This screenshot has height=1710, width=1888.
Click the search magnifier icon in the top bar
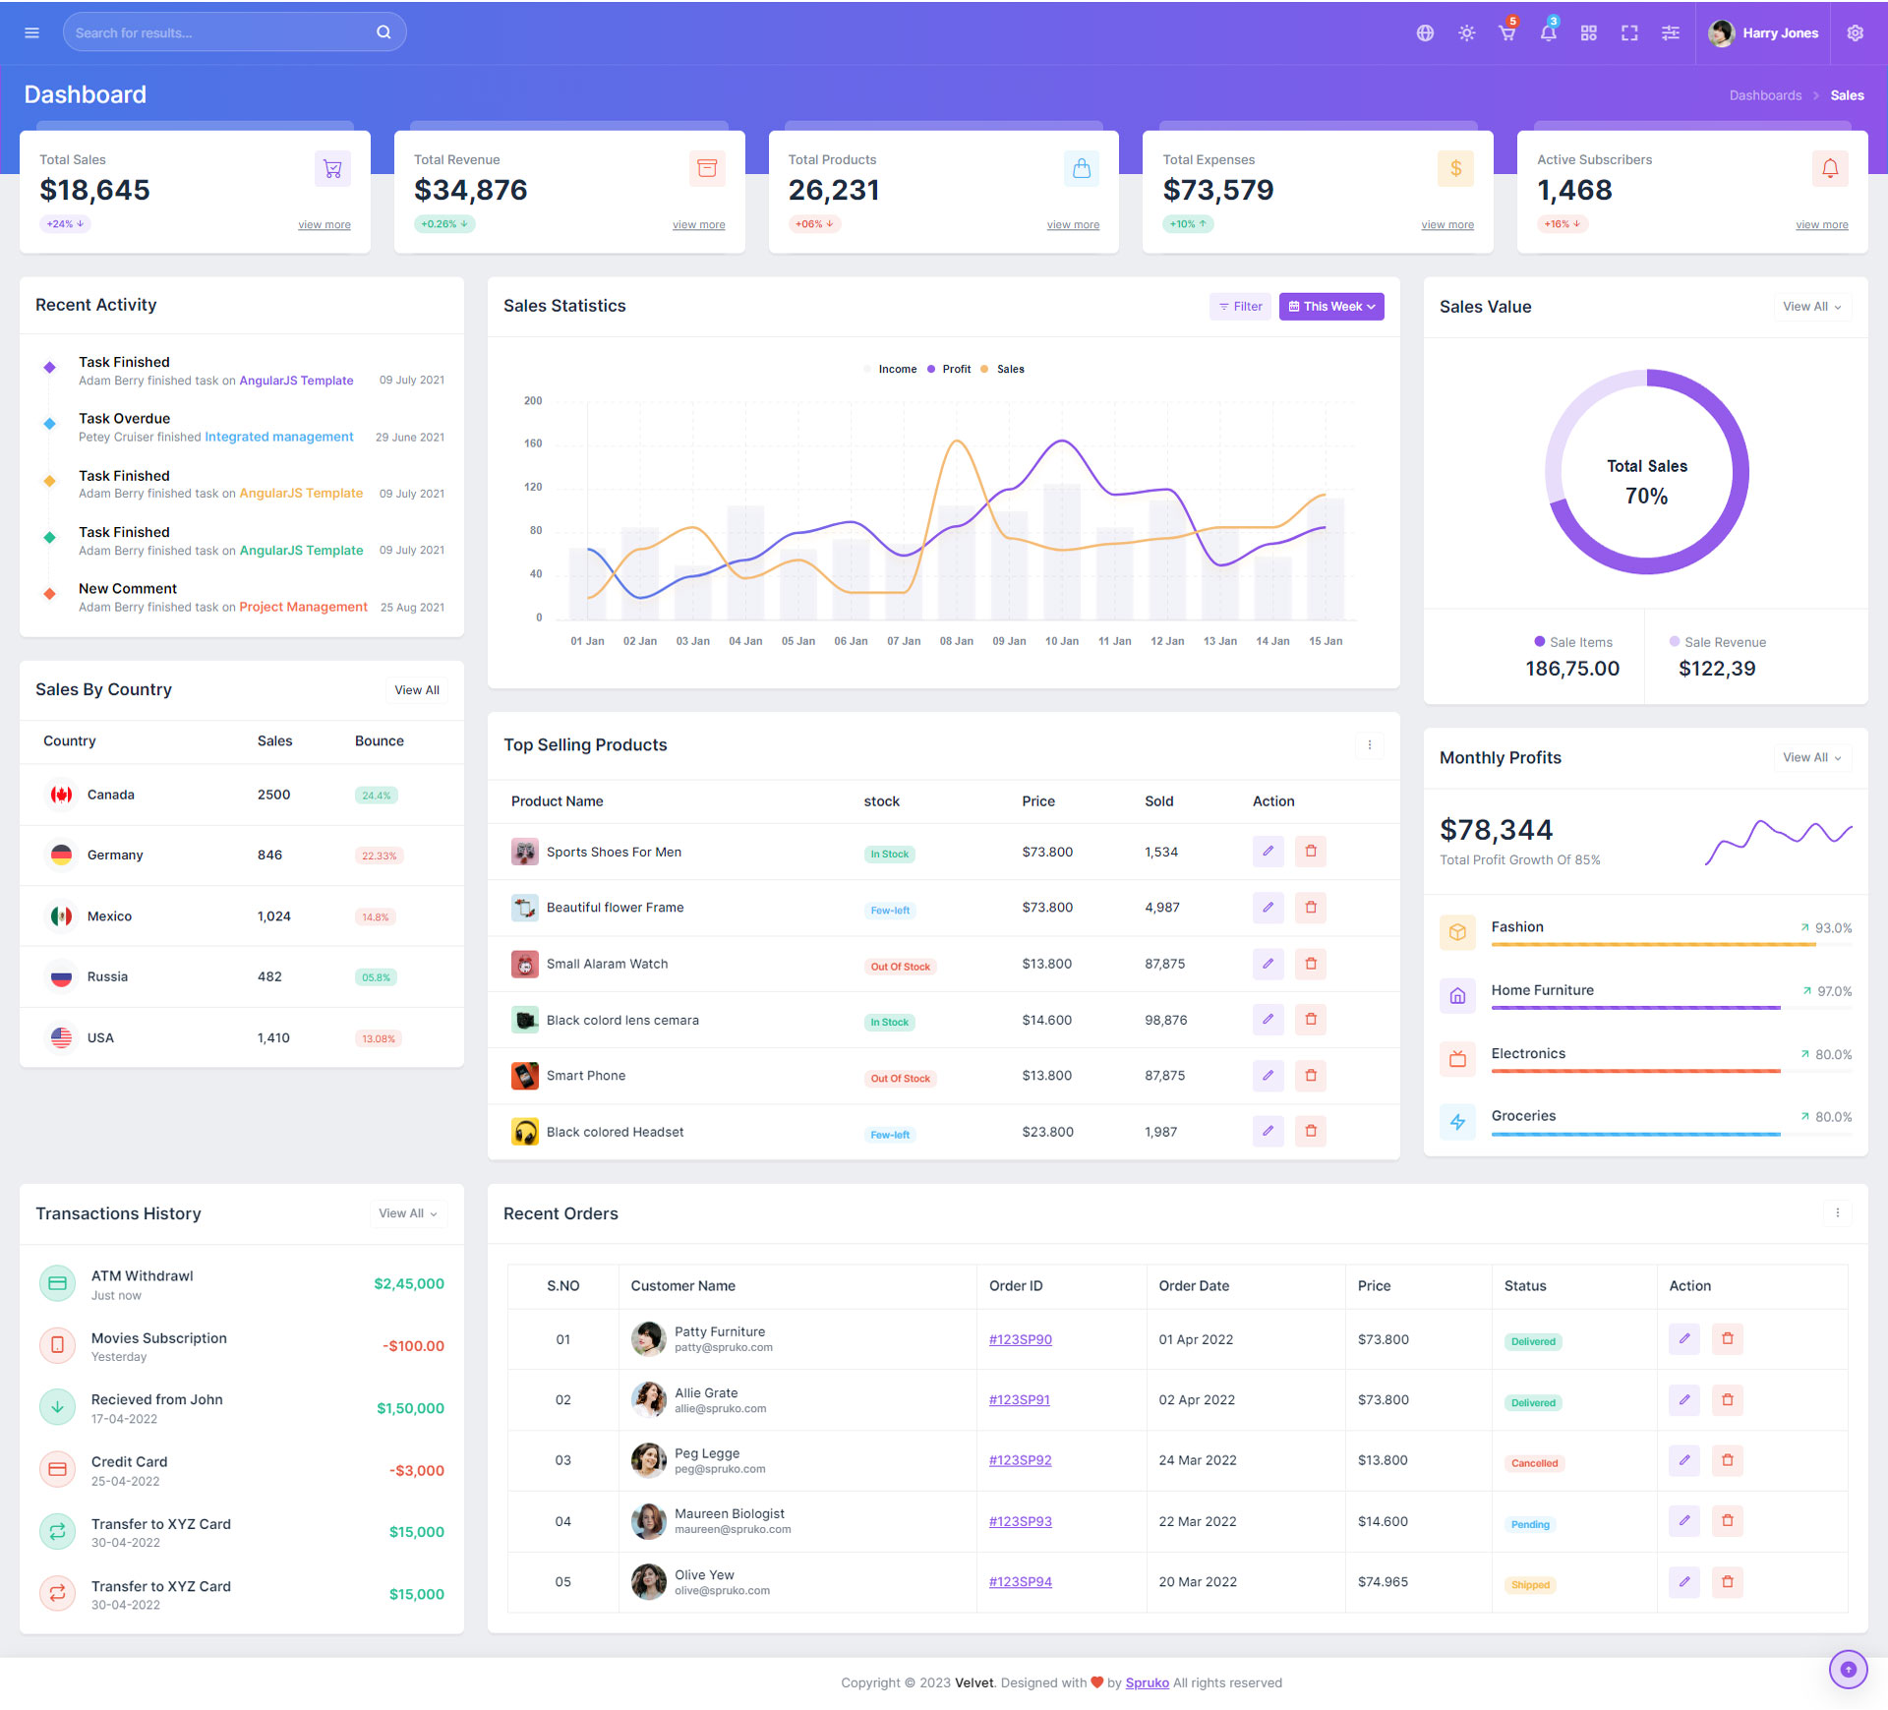pyautogui.click(x=383, y=32)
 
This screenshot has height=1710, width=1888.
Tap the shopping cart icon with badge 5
pyautogui.click(x=1506, y=33)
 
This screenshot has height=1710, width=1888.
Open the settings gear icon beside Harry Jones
pyautogui.click(x=1855, y=33)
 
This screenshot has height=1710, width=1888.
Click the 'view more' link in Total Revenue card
pyautogui.click(x=698, y=225)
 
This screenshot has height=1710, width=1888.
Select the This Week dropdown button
pyautogui.click(x=1331, y=307)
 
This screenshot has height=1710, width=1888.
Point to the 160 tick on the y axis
pyautogui.click(x=533, y=443)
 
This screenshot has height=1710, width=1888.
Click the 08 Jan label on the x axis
pyautogui.click(x=956, y=641)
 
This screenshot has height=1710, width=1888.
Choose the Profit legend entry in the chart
pyautogui.click(x=955, y=370)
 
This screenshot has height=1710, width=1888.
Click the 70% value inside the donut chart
pyautogui.click(x=1646, y=497)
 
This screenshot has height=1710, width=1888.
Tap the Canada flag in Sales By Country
pyautogui.click(x=62, y=795)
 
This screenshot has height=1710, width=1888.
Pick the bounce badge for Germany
pyautogui.click(x=379, y=856)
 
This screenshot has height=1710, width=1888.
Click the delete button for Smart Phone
pyautogui.click(x=1311, y=1076)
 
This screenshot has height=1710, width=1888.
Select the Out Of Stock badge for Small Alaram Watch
pyautogui.click(x=900, y=967)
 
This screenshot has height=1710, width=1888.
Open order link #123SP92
pyautogui.click(x=1020, y=1460)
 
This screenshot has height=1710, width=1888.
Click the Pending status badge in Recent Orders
pyautogui.click(x=1530, y=1524)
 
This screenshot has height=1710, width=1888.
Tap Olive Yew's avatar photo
pyautogui.click(x=649, y=1581)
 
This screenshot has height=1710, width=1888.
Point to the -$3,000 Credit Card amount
pyautogui.click(x=416, y=1471)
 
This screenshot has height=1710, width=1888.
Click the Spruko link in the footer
pyautogui.click(x=1147, y=1682)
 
